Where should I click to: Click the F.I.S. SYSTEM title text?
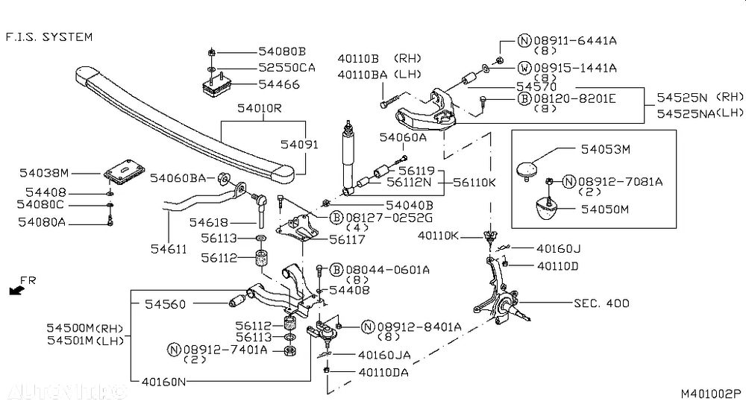pos(49,36)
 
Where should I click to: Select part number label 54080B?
pos(282,51)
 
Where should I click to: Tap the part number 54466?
pos(279,86)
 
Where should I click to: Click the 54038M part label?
pos(43,173)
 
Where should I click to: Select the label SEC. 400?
pos(601,303)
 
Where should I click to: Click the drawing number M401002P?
pos(709,393)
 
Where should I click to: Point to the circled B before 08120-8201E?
pos(524,98)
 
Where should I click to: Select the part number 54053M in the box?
pos(605,149)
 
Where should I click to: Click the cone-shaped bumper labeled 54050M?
pos(551,211)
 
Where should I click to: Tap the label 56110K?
pos(474,180)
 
